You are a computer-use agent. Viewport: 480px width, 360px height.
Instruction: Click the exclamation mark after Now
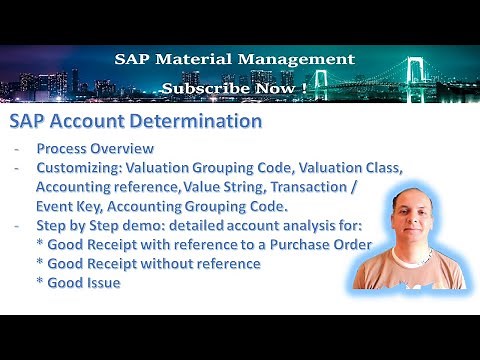(302, 88)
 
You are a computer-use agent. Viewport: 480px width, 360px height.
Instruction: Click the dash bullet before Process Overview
(18, 148)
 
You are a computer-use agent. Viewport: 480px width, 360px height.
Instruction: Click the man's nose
(416, 235)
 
